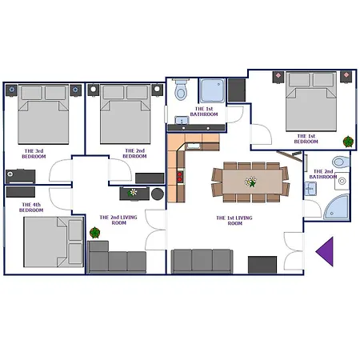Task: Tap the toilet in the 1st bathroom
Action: tap(181, 89)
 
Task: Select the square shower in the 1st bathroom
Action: tap(212, 90)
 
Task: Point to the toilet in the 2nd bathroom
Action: tap(341, 162)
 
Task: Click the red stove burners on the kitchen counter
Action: tap(180, 177)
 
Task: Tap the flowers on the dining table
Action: tap(250, 182)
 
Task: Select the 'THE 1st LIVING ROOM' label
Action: tap(234, 221)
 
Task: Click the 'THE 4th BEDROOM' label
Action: tap(31, 207)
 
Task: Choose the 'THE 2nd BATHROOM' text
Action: tap(323, 174)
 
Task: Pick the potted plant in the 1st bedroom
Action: tap(348, 142)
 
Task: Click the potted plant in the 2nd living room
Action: tap(94, 233)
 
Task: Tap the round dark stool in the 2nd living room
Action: tap(158, 194)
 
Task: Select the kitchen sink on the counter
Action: tap(194, 146)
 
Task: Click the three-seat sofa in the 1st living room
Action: tap(202, 261)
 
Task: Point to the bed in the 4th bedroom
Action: tap(54, 242)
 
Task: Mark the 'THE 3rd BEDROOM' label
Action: tap(34, 154)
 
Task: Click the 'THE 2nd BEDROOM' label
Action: tap(134, 154)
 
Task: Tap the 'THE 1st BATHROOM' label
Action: tap(204, 111)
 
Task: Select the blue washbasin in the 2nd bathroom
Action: tap(310, 189)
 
